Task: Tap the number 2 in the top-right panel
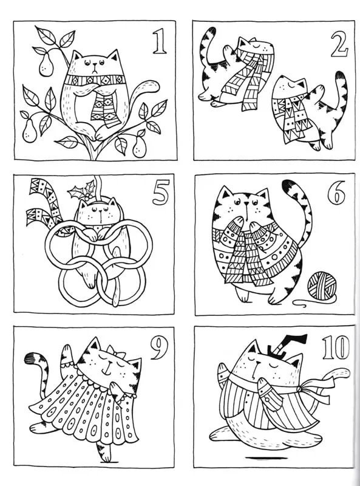339,44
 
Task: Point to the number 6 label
336,193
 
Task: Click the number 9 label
159,347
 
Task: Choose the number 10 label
336,347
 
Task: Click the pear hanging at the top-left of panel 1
46,64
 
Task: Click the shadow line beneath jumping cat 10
260,457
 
